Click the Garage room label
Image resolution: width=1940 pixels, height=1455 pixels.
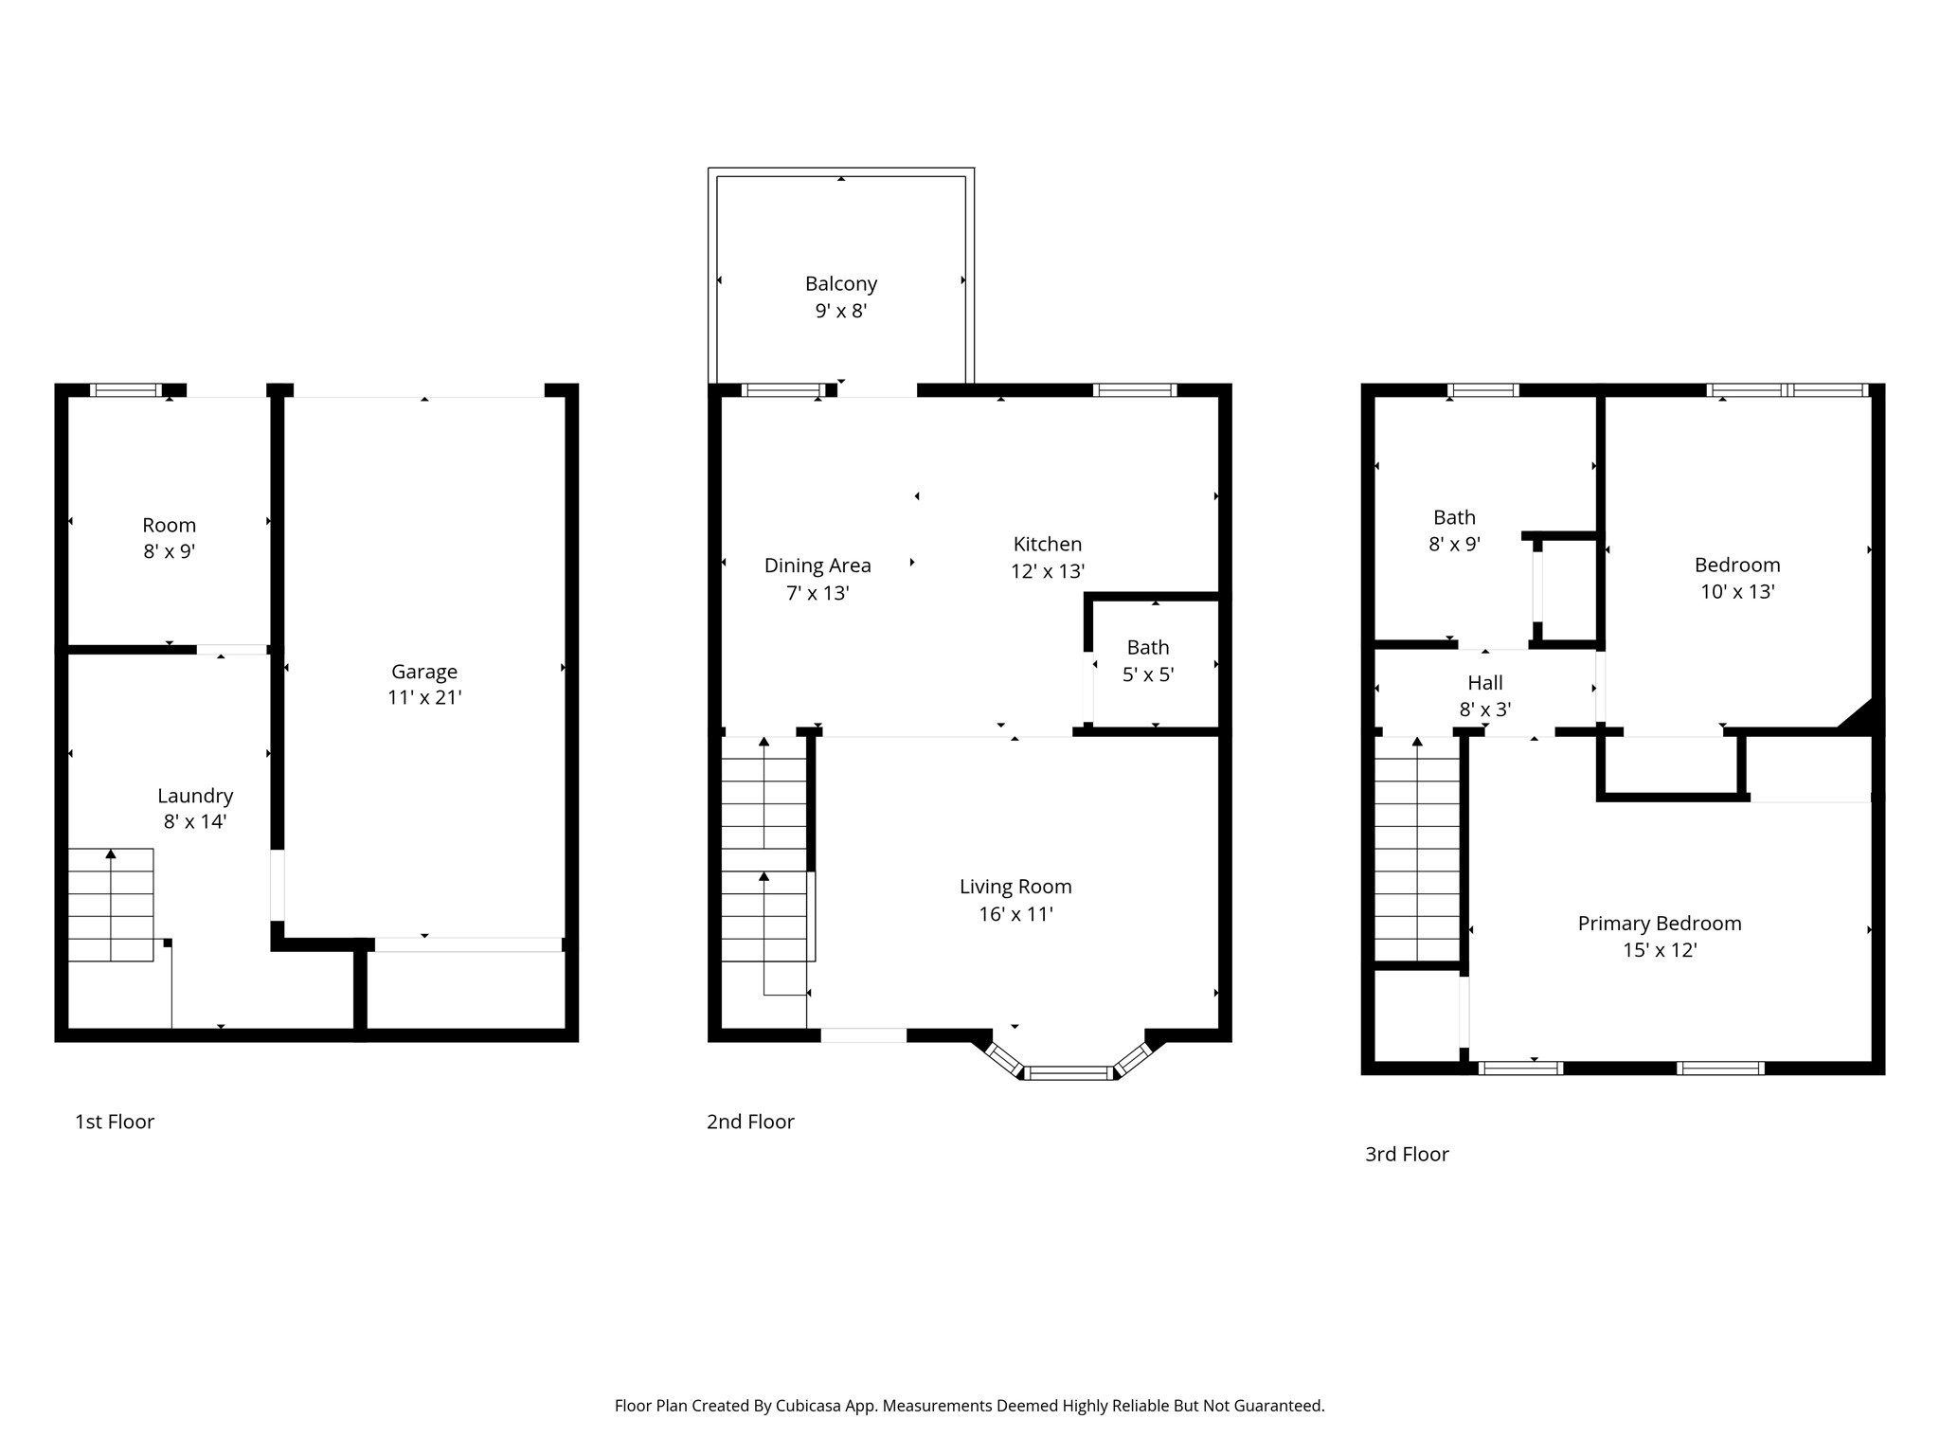(x=423, y=672)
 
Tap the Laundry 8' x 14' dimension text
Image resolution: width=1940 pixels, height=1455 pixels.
(x=194, y=821)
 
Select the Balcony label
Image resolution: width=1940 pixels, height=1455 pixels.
(x=840, y=283)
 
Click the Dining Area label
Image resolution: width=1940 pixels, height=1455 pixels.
(x=817, y=566)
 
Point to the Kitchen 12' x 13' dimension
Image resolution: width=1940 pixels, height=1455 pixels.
(x=1047, y=571)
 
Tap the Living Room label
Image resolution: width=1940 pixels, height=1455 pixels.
(x=1015, y=887)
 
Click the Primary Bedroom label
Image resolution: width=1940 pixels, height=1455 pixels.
(x=1659, y=924)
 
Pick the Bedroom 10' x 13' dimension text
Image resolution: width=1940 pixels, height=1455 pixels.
(x=1736, y=592)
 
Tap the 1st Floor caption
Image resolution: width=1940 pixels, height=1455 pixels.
(x=115, y=1122)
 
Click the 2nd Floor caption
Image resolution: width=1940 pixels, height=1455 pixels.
(x=750, y=1122)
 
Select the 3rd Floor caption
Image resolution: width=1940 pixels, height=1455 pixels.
(x=1407, y=1154)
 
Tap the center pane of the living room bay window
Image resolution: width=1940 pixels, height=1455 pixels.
(x=1069, y=1072)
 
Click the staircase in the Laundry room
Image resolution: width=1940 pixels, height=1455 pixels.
(x=111, y=905)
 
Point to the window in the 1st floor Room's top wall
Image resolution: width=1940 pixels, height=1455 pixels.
(x=126, y=389)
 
